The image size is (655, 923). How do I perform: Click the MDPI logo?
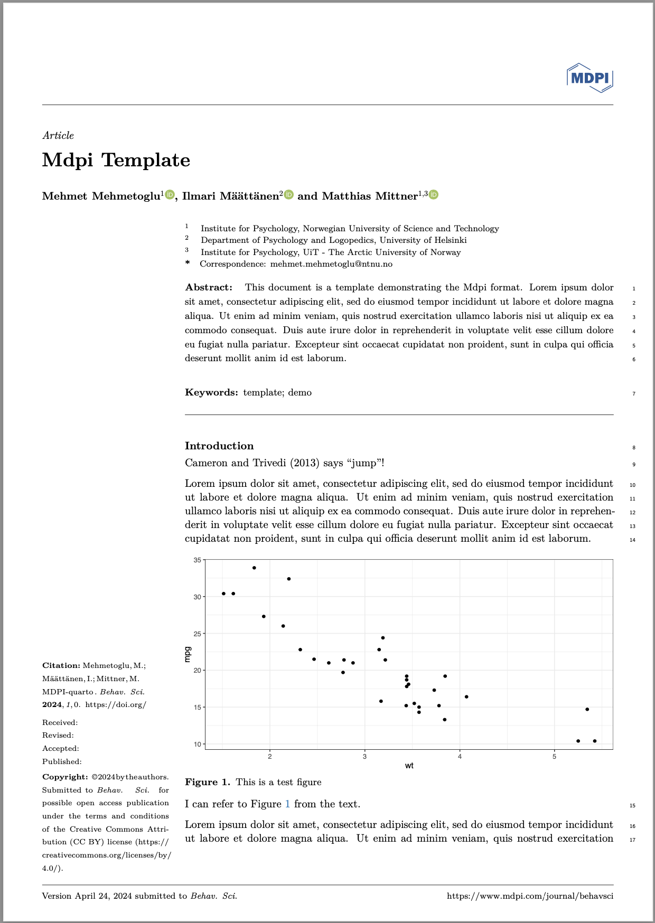589,78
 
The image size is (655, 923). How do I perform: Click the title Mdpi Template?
116,160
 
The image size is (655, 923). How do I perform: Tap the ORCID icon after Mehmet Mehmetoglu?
170,195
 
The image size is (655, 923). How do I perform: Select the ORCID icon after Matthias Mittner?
434,195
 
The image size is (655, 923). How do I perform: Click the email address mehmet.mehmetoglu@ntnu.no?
331,264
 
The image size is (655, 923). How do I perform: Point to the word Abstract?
209,288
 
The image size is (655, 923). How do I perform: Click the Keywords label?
211,392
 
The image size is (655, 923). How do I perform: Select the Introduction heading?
219,446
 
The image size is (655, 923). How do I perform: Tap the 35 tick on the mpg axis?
198,560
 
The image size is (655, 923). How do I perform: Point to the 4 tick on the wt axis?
460,757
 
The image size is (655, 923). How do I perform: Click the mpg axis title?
188,655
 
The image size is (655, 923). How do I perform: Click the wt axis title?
409,766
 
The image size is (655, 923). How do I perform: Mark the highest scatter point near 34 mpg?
254,568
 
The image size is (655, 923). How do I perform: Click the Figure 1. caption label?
208,782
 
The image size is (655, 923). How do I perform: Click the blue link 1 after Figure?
287,804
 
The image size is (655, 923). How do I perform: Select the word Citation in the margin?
61,666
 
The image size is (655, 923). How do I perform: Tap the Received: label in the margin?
60,722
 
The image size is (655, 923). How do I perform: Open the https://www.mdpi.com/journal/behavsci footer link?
530,896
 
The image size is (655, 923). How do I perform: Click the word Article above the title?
58,136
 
